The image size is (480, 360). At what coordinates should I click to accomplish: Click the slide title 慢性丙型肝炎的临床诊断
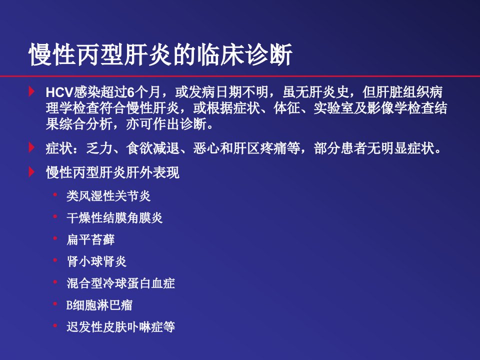tap(160, 54)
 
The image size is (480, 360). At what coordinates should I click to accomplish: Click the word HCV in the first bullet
tap(59, 92)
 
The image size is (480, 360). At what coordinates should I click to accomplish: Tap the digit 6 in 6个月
tap(130, 92)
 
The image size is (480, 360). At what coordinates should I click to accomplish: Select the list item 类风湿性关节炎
tap(108, 196)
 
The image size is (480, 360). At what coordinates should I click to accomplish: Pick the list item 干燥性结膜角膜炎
tap(114, 217)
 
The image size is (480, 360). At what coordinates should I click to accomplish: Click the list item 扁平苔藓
tap(90, 239)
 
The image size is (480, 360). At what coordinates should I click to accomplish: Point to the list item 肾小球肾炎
tap(96, 261)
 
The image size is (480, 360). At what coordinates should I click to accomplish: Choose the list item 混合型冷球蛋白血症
tap(120, 283)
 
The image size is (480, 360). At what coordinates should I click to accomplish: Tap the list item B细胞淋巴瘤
tap(99, 305)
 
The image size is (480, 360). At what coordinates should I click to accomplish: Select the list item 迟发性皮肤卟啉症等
tap(120, 326)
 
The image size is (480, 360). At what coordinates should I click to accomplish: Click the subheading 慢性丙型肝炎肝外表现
tap(112, 172)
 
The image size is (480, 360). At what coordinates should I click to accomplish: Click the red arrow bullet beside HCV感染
tap(31, 91)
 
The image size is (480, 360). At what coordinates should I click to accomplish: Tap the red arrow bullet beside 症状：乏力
tap(31, 147)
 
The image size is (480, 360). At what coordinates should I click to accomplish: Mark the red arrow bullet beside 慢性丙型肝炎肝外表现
tap(31, 171)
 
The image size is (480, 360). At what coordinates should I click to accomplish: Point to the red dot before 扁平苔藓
tap(55, 238)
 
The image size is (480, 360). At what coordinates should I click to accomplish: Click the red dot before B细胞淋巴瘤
tap(55, 303)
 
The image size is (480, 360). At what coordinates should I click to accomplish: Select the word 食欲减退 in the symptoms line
tap(153, 148)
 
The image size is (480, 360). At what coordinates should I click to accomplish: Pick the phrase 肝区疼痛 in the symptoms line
tap(260, 148)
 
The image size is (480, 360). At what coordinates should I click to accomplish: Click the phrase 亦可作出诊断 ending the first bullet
tap(166, 124)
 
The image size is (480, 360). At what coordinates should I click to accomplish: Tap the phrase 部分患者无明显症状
tap(374, 148)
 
